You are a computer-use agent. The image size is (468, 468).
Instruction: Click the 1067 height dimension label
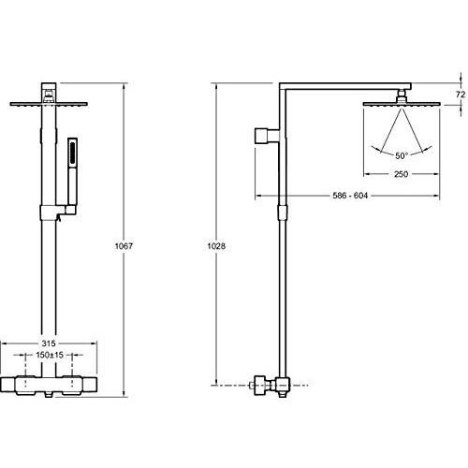[124, 246]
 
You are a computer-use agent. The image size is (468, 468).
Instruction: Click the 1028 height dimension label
[216, 246]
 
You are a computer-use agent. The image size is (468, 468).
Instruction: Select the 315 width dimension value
[49, 344]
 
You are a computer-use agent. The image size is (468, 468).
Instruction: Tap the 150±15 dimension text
[50, 355]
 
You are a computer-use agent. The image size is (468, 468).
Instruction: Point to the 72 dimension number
[461, 95]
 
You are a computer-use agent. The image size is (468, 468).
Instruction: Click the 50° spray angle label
[402, 155]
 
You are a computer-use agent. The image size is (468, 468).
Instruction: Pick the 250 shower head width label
[401, 174]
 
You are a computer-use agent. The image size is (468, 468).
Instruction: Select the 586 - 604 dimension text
[350, 196]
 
